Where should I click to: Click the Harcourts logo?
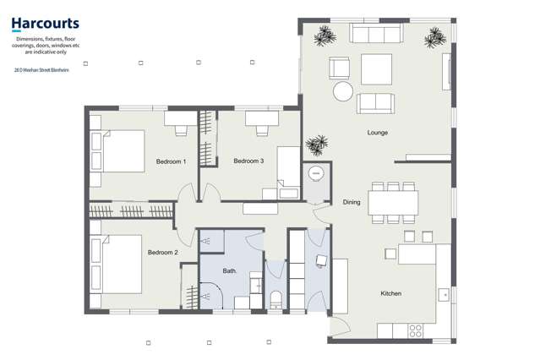pyautogui.click(x=46, y=25)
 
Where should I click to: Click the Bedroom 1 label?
pyautogui.click(x=171, y=161)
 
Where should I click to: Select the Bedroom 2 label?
pyautogui.click(x=162, y=253)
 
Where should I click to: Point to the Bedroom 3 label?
pyautogui.click(x=248, y=161)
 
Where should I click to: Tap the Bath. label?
pyautogui.click(x=230, y=271)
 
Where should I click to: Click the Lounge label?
pyautogui.click(x=377, y=133)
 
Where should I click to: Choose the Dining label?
pyautogui.click(x=352, y=202)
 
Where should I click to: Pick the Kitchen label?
pyautogui.click(x=390, y=293)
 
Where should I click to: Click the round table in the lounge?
pyautogui.click(x=343, y=90)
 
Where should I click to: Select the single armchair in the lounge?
pyautogui.click(x=340, y=68)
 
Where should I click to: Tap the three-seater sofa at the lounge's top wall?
pyautogui.click(x=377, y=34)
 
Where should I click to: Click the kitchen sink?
pyautogui.click(x=444, y=294)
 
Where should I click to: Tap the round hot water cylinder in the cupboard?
pyautogui.click(x=316, y=173)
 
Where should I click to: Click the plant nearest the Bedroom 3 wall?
pyautogui.click(x=317, y=145)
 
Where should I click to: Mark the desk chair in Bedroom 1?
pyautogui.click(x=181, y=130)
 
